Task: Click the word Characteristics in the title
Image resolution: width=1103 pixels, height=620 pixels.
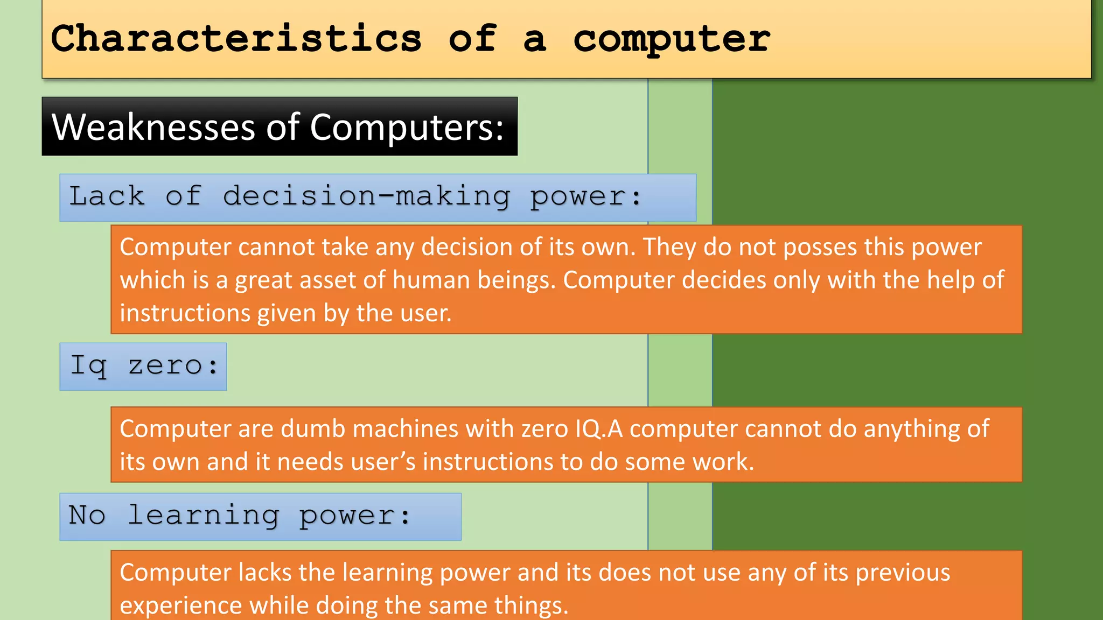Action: (x=236, y=39)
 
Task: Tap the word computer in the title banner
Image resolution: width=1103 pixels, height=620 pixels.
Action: (x=671, y=40)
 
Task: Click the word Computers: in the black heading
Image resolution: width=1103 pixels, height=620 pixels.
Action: (x=407, y=127)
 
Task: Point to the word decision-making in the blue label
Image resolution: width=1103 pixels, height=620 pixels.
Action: (x=366, y=196)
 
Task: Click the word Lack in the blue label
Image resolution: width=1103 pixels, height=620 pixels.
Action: (x=107, y=196)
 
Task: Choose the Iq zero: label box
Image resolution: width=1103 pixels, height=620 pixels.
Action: (x=143, y=367)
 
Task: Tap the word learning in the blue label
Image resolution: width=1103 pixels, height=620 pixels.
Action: (x=204, y=516)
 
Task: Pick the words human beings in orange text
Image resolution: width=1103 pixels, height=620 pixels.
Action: (x=474, y=280)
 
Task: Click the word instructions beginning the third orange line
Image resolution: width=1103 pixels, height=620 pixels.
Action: (x=185, y=313)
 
